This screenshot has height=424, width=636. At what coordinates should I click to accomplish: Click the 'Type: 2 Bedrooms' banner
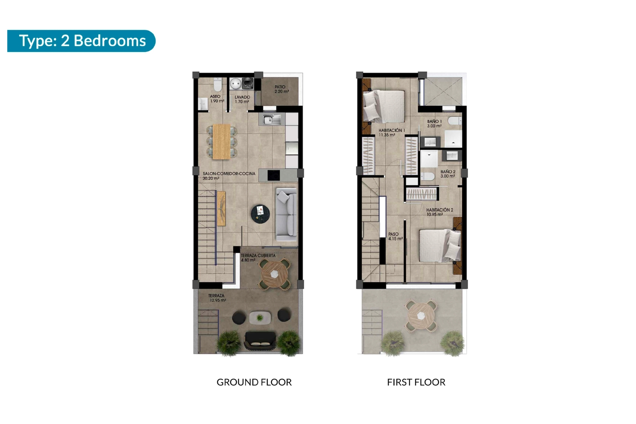[81, 41]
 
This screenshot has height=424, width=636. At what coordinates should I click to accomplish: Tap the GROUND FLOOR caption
[254, 382]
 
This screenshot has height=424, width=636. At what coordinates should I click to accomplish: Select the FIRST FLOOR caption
[416, 382]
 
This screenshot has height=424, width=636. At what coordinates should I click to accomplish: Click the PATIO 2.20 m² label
[282, 89]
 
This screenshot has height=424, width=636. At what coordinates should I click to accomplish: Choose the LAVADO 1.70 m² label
[242, 99]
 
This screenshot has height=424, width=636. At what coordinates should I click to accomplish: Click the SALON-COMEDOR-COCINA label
[229, 174]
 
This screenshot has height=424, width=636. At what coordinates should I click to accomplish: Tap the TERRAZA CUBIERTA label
[258, 256]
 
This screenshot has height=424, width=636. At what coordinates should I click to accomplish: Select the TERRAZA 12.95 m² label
[217, 298]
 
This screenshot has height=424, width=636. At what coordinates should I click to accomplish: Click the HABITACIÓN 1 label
[392, 131]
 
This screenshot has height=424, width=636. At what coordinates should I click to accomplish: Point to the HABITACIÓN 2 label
[440, 210]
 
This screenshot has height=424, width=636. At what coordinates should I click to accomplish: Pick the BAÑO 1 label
[434, 122]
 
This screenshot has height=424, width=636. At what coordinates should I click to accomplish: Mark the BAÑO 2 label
[448, 172]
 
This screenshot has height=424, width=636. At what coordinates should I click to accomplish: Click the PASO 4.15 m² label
[396, 236]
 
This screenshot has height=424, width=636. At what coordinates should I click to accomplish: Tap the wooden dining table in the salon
[222, 142]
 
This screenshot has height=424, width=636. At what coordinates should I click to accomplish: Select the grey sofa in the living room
[287, 215]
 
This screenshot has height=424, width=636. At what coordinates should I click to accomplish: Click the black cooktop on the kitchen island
[274, 175]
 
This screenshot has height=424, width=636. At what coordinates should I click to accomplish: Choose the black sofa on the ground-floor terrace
[260, 341]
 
